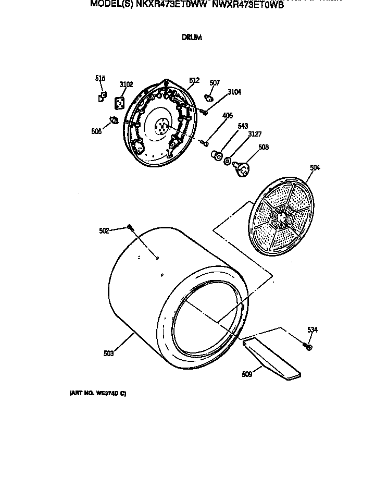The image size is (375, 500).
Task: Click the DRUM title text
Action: (x=191, y=38)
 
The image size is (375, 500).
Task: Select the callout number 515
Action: (x=100, y=78)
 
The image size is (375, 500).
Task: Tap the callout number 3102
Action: (x=126, y=84)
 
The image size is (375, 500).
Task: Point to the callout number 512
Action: (x=194, y=80)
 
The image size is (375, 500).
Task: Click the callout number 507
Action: (x=215, y=83)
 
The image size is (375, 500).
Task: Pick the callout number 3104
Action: (x=234, y=92)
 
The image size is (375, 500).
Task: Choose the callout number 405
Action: (x=227, y=116)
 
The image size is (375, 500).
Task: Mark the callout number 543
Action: (x=242, y=126)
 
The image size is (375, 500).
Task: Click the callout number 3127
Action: (x=254, y=134)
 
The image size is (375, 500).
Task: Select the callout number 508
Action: (x=264, y=147)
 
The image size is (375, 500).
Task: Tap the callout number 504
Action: (x=315, y=167)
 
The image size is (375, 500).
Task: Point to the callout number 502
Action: (x=104, y=230)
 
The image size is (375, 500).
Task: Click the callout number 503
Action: (x=108, y=353)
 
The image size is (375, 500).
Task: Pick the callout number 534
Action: (x=312, y=330)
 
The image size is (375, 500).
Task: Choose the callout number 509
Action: (x=247, y=373)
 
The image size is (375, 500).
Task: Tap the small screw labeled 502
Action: (x=130, y=227)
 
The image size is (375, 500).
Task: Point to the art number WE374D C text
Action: (x=98, y=394)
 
